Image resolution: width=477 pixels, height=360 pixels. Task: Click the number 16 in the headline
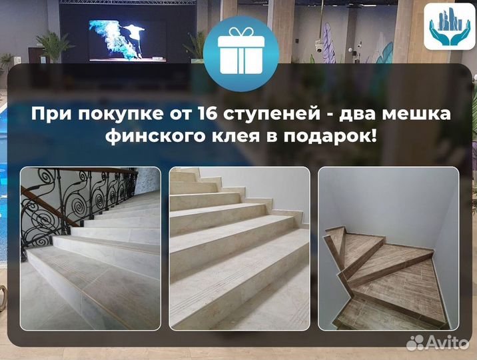211,114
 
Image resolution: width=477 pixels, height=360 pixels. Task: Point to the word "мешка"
416,114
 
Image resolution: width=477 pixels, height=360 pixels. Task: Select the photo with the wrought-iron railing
90,248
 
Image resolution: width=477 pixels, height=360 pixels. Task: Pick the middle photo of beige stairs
239,248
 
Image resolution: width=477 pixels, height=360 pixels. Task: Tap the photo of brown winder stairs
388,248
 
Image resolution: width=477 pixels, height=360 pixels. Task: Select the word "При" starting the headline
47,114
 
